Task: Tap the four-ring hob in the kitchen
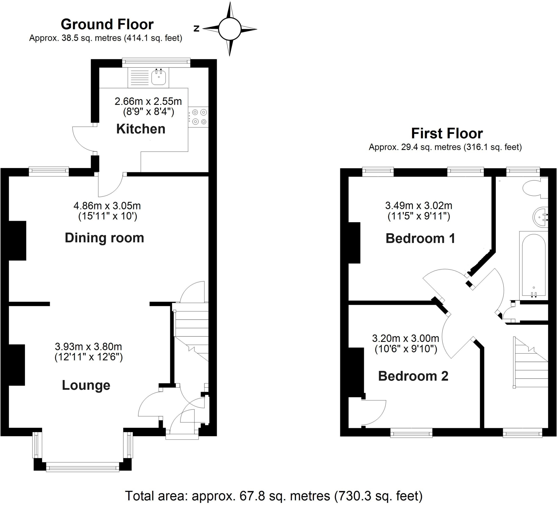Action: coord(198,117)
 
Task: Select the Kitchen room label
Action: coord(141,129)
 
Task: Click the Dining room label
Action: coord(104,238)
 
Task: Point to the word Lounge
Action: coord(86,385)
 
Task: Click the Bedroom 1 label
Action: coord(420,238)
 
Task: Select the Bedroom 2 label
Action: coord(413,376)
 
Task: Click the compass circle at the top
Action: coord(230,29)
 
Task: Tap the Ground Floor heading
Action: coord(107,24)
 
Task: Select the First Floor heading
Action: coord(447,134)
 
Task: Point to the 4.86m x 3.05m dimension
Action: coord(107,206)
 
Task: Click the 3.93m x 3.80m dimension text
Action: coord(88,347)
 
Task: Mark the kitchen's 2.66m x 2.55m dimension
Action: coord(148,102)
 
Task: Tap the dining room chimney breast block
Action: coord(18,241)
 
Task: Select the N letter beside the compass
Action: coord(196,29)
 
